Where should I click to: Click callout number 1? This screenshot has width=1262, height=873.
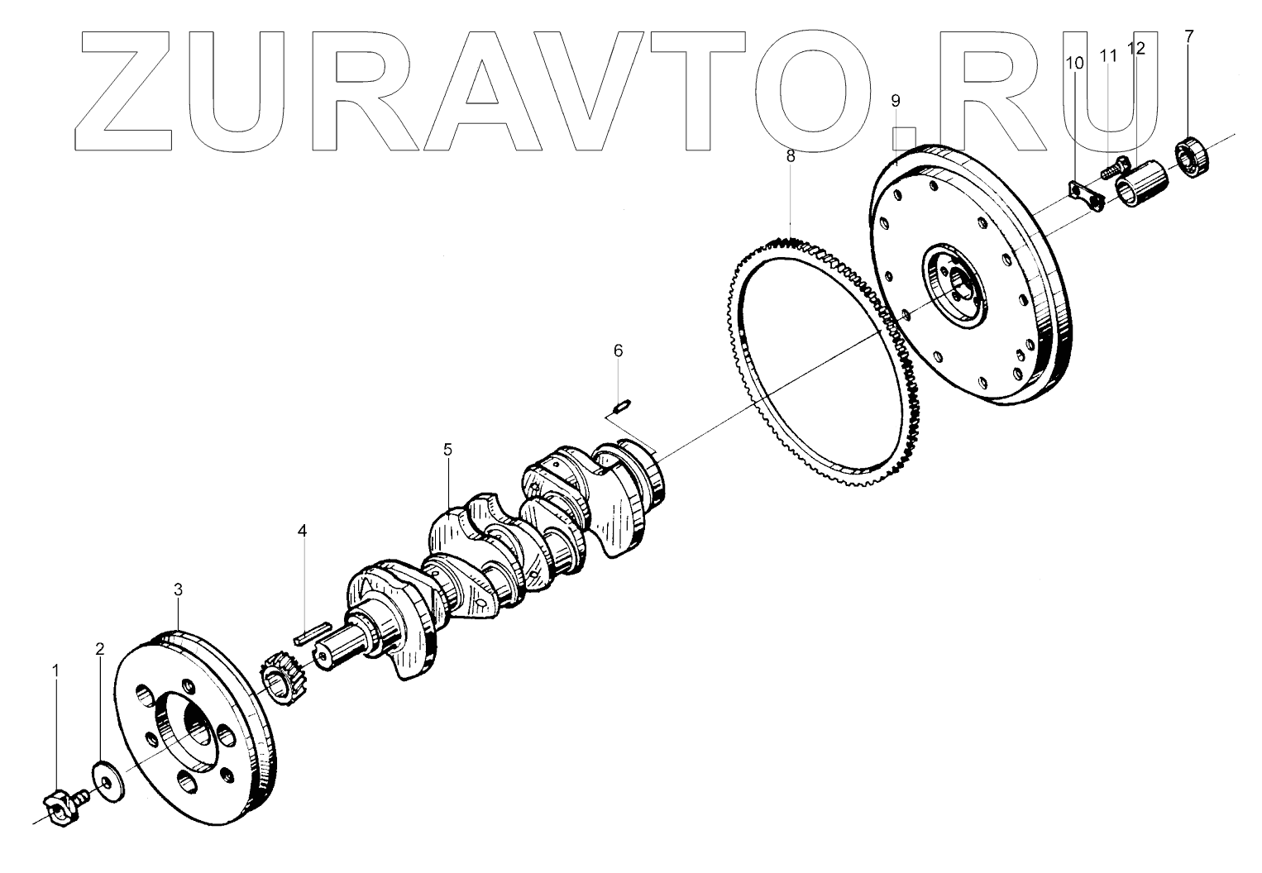pos(56,671)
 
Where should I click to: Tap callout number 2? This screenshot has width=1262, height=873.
pos(100,649)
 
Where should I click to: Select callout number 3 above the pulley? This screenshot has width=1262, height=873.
pos(178,589)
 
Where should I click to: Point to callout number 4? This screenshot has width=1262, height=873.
pos(303,530)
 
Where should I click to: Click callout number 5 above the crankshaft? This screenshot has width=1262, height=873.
pos(447,450)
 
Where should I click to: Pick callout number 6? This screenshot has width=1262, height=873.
pos(619,351)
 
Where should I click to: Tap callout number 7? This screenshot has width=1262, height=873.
pos(1189,36)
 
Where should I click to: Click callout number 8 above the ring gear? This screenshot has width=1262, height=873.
pos(791,155)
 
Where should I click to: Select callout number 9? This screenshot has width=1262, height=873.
pos(896,101)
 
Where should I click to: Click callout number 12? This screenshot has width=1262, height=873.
pos(1137,48)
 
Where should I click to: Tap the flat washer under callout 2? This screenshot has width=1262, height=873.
pos(106,777)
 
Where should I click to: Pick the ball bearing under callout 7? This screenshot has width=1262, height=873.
pos(1192,158)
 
